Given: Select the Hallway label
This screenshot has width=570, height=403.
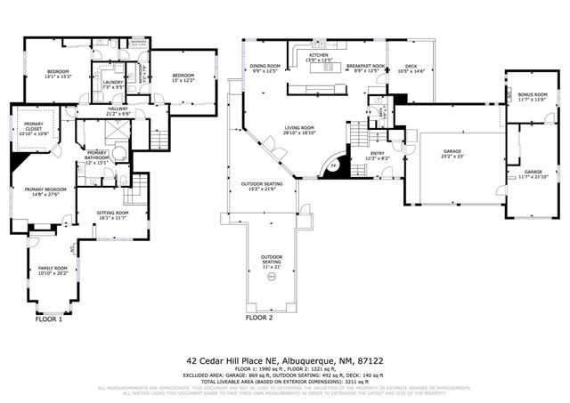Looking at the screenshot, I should pos(118,109).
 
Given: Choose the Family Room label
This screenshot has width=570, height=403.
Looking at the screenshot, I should pos(52,268).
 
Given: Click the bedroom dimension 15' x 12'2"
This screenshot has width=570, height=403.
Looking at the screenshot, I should pos(183,80).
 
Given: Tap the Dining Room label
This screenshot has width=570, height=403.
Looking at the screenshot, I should pos(265,66).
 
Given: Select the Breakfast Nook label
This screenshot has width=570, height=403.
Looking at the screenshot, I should pos(366,66).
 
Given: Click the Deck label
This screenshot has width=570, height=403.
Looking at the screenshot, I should pos(410,66).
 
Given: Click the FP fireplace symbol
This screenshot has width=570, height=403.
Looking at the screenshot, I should pos(334,166).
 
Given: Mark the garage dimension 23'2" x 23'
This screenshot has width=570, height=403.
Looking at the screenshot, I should pos(452,157).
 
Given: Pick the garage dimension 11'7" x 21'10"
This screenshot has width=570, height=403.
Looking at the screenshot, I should pos(533,176).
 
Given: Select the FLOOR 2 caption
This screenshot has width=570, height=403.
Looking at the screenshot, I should pos(259,318).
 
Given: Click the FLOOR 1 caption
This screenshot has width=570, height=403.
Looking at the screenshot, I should pos(48,318).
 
